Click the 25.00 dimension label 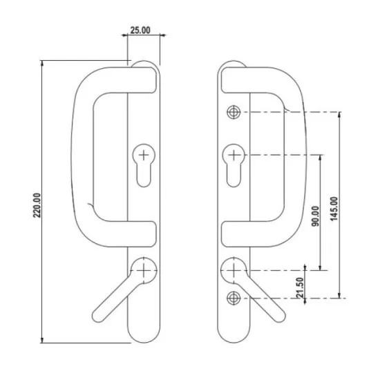click(140, 31)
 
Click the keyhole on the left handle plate click(143, 164)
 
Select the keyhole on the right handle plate click(234, 164)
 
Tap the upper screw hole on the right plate click(234, 113)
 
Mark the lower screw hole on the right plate click(234, 298)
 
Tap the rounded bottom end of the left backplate click(143, 336)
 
